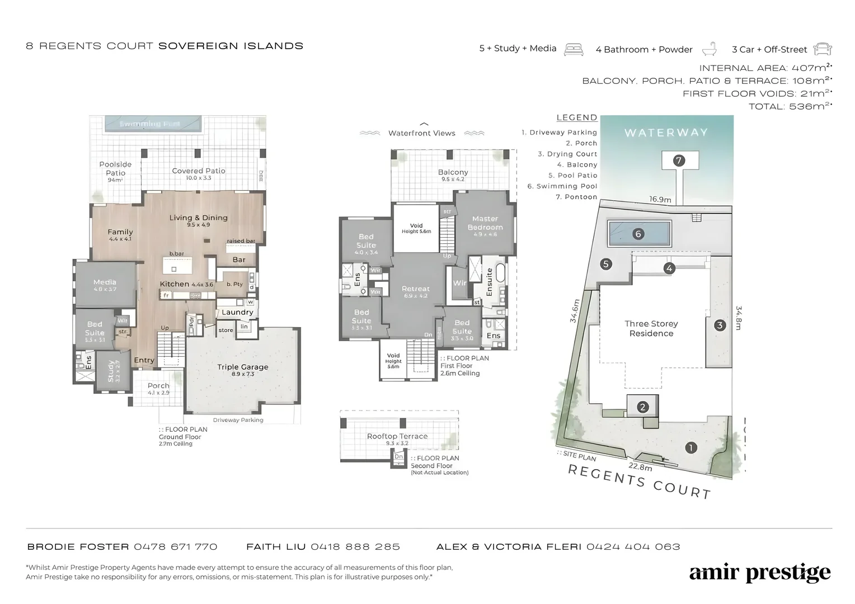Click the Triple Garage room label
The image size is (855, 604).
tap(243, 367)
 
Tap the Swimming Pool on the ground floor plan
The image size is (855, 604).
tap(150, 124)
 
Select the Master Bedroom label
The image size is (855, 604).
tap(485, 223)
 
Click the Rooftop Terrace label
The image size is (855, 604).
tap(397, 436)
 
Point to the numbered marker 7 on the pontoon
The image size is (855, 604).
tap(679, 161)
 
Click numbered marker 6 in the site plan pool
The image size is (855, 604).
tap(638, 234)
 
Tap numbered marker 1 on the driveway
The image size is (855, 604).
tap(691, 447)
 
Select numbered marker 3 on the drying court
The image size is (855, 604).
tap(720, 325)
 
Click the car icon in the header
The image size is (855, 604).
tap(823, 49)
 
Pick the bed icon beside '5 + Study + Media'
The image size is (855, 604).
tap(574, 49)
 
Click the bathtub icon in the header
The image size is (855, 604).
tap(710, 49)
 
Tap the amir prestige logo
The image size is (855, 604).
tap(760, 573)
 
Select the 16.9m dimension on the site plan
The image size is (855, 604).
tap(660, 200)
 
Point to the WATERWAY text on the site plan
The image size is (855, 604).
tap(666, 133)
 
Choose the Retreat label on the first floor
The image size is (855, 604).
tap(415, 289)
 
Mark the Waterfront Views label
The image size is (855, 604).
tap(422, 133)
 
